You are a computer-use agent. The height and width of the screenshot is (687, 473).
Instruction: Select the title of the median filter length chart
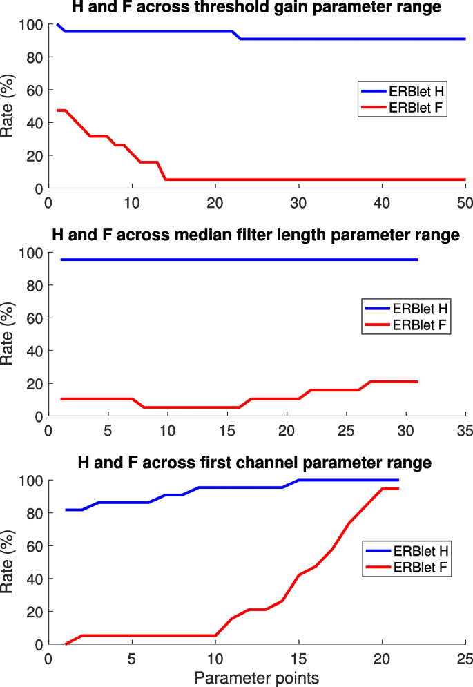click(x=255, y=235)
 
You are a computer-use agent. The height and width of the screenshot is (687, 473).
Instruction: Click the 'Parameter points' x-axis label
click(x=255, y=675)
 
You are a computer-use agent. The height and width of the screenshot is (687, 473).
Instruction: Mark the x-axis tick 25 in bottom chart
click(x=465, y=658)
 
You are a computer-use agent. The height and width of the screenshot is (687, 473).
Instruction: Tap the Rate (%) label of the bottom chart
click(x=9, y=562)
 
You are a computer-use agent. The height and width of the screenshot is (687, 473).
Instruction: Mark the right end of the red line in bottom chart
click(x=398, y=489)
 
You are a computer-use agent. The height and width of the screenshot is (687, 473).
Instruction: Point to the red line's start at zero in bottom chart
click(x=66, y=644)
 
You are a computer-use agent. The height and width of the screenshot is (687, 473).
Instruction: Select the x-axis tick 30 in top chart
click(x=298, y=203)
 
